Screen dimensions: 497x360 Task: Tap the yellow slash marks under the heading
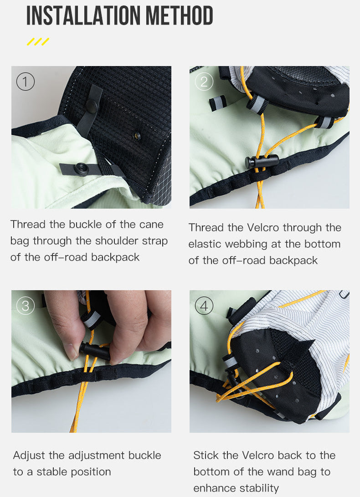pos(38,42)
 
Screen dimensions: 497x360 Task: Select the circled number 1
pos(26,82)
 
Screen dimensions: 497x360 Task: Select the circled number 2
pos(204,82)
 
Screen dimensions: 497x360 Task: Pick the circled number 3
pos(26,306)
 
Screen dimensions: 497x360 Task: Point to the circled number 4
pos(204,306)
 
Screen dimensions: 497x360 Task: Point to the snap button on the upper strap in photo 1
pos(92,106)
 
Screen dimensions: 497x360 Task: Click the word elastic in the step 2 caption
pos(204,244)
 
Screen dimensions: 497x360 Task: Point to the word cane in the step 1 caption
pos(153,224)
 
